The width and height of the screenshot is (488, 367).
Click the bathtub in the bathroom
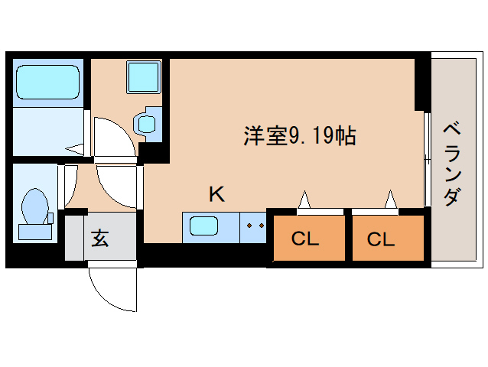point(47,83)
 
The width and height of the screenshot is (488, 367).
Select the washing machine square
point(142,76)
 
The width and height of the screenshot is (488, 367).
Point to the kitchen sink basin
point(203,227)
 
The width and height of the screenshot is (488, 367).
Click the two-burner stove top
point(254,227)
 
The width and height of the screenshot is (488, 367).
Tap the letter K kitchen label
point(216,194)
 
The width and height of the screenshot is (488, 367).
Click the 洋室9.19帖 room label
point(299,137)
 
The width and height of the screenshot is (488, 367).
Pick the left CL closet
point(304,239)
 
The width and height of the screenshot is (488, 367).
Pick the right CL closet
point(381,239)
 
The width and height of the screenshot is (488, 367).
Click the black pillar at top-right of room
point(421,84)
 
